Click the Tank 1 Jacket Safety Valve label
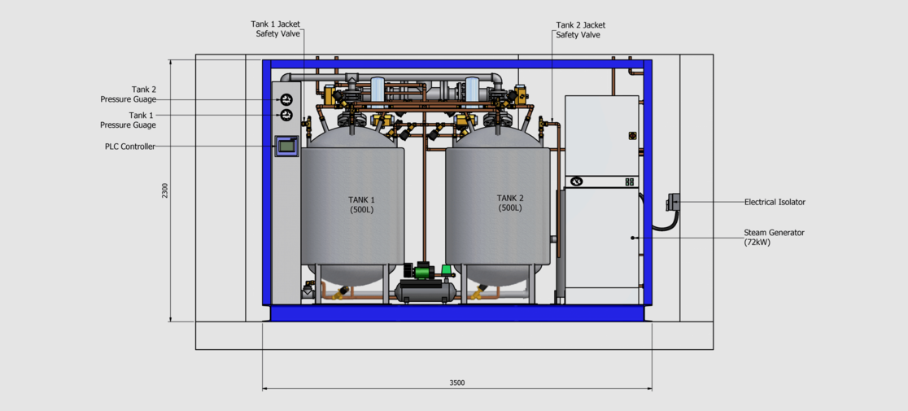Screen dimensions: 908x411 (275, 29)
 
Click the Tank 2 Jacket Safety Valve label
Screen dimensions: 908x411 (578, 29)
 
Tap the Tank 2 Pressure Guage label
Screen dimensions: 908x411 (128, 94)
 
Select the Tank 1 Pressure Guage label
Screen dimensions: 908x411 (128, 120)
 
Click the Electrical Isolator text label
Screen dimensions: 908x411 (775, 202)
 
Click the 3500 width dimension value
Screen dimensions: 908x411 (457, 383)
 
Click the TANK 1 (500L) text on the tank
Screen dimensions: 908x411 (363, 205)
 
